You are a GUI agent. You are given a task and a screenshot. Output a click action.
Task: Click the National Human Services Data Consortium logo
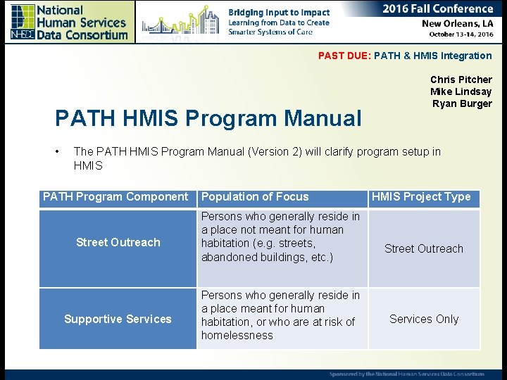point(68,22)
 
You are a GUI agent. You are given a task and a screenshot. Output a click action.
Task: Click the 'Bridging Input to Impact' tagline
point(279,12)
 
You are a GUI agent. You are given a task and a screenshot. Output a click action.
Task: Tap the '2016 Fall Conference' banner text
point(437,8)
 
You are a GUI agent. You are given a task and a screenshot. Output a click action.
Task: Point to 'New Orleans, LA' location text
point(457,23)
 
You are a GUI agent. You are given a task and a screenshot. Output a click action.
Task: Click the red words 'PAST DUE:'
point(344,56)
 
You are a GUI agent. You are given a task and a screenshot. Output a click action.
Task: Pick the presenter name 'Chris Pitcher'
point(461,80)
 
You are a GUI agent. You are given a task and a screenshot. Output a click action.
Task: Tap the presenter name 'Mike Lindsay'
point(461,91)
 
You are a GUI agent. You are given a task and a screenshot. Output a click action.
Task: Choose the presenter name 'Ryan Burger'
point(462,103)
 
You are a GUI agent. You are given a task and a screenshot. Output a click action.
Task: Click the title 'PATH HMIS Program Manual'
point(208,118)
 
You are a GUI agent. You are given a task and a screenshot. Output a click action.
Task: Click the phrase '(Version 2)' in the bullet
point(275,151)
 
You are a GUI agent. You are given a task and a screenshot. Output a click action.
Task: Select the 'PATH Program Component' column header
point(115,197)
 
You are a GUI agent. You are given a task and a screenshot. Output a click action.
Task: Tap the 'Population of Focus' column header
point(255,197)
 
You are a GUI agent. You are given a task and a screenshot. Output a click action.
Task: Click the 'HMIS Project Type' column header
point(421,197)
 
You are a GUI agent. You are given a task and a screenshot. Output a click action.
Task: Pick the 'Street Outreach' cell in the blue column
point(118,242)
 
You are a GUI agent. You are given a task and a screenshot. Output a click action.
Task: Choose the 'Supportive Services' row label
point(118,319)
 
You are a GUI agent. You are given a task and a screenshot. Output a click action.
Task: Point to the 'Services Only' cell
point(424,319)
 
